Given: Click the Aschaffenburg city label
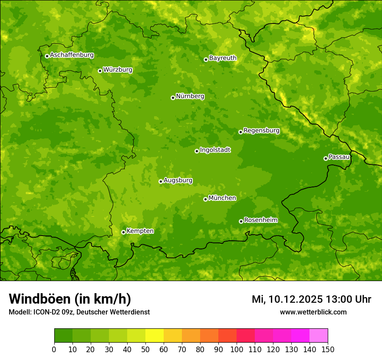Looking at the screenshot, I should tap(72, 55).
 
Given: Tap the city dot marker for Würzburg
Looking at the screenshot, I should tap(100, 71).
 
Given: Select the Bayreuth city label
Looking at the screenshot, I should tap(223, 58).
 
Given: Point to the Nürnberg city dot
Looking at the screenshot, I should tap(173, 98).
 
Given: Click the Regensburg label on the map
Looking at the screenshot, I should tap(261, 131).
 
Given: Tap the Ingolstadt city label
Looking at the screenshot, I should tap(215, 150).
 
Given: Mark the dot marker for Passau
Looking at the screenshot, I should tap(326, 158).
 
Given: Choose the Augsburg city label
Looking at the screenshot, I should tap(178, 180).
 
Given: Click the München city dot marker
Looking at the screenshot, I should tap(205, 199).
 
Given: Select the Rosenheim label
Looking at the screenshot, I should tap(260, 220).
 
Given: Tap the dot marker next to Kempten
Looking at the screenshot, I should tap(123, 232).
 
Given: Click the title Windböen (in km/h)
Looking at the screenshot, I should tap(70, 299).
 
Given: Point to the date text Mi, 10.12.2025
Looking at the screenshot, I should tap(287, 299).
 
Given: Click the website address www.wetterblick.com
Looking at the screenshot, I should tap(313, 312).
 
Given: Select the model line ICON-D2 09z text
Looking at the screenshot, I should tap(56, 312).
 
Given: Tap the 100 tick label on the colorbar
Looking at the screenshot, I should tap(237, 349).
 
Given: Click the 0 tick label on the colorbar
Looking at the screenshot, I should tap(54, 349).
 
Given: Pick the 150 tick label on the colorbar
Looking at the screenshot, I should tap(328, 349).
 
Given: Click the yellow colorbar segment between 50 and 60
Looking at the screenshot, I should tap(155, 336).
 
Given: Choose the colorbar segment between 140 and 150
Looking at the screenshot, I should tap(319, 336).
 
